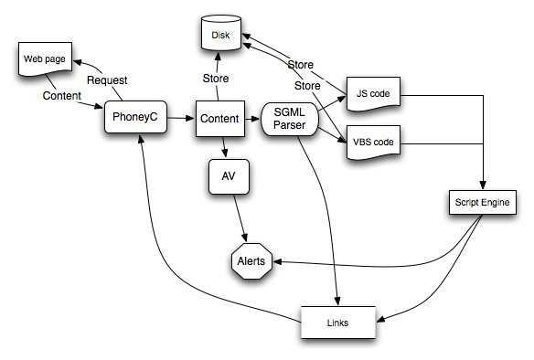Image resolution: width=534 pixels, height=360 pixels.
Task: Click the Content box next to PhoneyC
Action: coord(219,119)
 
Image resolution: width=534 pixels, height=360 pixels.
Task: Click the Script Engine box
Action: coord(482,201)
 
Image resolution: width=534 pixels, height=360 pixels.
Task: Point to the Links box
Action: coord(339,323)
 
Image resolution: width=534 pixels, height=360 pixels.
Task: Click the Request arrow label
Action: coord(108,79)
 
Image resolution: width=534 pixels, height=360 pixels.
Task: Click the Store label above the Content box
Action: coord(215,79)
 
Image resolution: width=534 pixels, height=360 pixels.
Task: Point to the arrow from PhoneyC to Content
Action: coord(183,118)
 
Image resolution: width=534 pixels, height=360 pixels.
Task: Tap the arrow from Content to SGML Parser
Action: coord(252,118)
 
